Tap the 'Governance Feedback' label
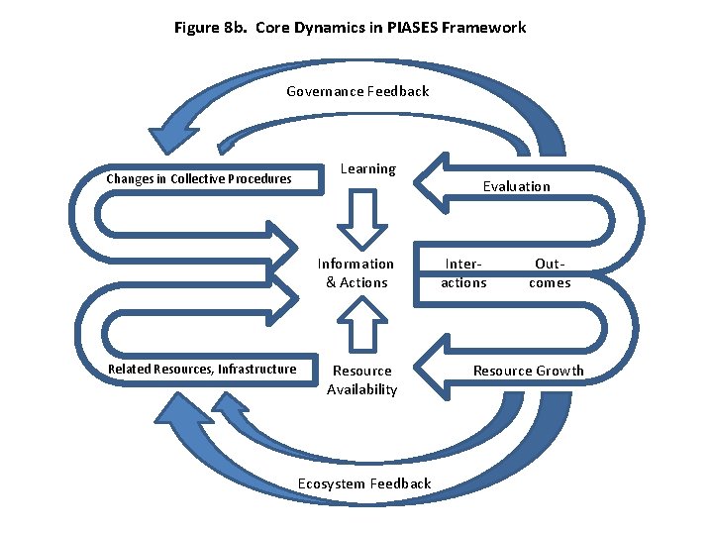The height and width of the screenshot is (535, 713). point(357,91)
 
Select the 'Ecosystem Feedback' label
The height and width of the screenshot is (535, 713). point(363,483)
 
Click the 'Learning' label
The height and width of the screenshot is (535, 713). point(367,169)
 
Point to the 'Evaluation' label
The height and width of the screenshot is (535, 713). point(516,186)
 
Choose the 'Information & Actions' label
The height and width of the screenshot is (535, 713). point(356,273)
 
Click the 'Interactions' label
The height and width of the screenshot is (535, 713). point(463,273)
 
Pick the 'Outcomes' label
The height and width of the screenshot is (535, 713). point(549,273)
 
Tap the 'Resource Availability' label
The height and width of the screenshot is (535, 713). point(361,380)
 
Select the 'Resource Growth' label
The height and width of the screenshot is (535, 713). point(528,372)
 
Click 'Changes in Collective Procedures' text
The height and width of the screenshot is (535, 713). point(199,179)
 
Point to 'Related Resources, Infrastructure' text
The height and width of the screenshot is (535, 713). point(202,370)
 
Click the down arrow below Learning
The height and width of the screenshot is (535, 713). point(367,219)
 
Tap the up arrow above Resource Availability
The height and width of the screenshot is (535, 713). point(367,324)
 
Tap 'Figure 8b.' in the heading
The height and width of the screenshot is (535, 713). point(210,28)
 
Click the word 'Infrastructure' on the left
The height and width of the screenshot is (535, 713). point(256,370)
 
